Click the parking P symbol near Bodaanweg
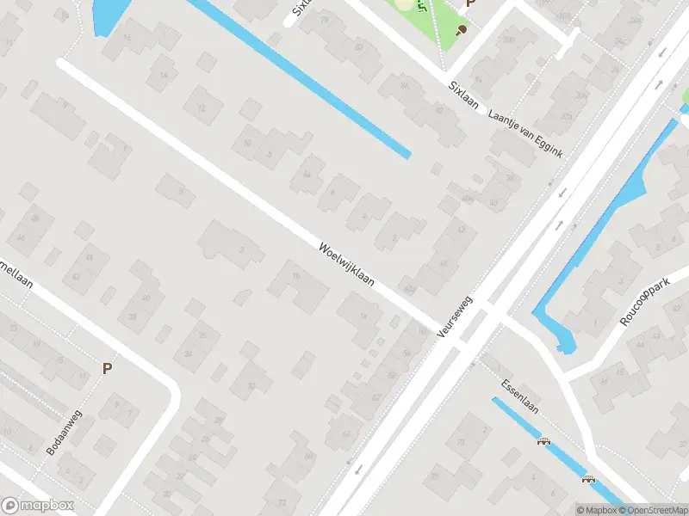click(108, 368)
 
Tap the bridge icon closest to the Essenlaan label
click(543, 443)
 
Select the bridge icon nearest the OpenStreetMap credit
click(589, 482)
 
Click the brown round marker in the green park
click(462, 30)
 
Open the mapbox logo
click(35, 506)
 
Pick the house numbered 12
click(202, 107)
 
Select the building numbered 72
click(281, 501)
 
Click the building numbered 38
click(133, 316)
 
